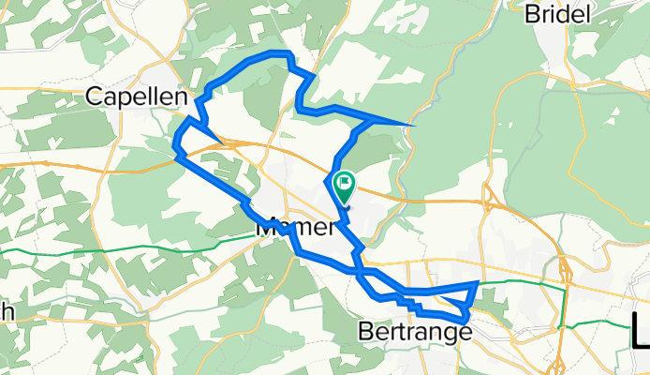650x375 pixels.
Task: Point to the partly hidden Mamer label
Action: [295, 227]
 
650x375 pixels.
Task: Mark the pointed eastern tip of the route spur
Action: [413, 125]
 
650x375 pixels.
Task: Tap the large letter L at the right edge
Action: [640, 333]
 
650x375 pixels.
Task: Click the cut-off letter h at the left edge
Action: [5, 312]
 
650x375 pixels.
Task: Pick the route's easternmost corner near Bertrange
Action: [479, 282]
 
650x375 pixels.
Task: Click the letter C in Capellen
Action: [95, 95]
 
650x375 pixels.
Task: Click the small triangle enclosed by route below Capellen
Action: [196, 135]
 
